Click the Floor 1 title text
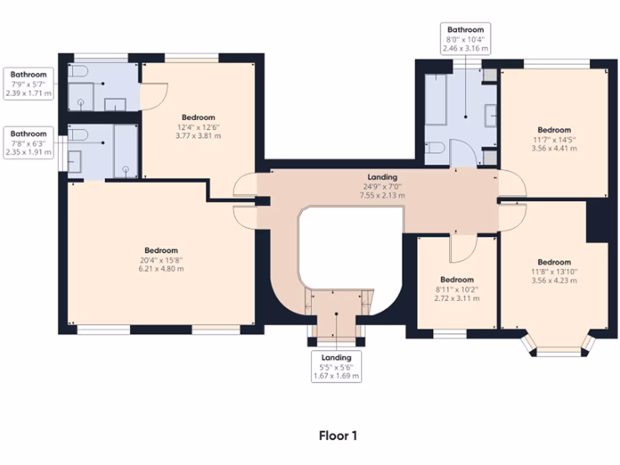[342, 435]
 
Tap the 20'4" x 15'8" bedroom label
[161, 259]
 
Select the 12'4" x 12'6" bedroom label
[199, 127]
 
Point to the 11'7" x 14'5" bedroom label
[554, 139]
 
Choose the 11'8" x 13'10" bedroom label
[554, 271]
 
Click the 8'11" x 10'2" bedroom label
[457, 289]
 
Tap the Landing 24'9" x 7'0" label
[383, 186]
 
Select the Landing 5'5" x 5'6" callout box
[336, 366]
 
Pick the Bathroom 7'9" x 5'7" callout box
[28, 84]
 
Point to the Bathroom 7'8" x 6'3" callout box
[28, 143]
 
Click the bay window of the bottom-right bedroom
[559, 349]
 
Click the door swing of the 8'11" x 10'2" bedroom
[463, 248]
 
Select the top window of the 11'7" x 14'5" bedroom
[556, 62]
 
